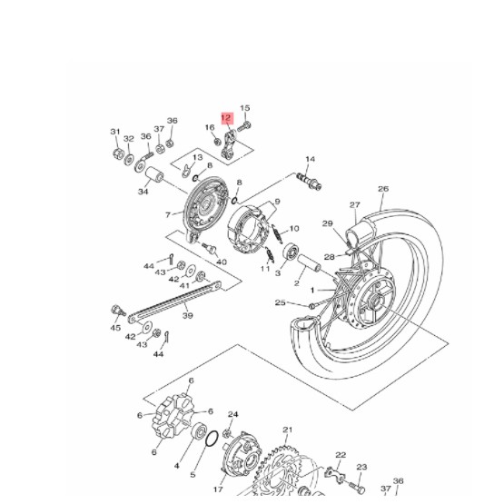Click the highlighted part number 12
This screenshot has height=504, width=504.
(226, 117)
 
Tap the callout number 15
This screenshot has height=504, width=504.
(244, 108)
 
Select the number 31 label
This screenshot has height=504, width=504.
(115, 132)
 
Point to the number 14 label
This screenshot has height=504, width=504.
(310, 160)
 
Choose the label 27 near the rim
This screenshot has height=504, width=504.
(355, 205)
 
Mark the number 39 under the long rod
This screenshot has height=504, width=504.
(188, 316)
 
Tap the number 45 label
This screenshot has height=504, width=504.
(115, 328)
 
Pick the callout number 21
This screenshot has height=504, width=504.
(288, 430)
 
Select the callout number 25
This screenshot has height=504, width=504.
(281, 302)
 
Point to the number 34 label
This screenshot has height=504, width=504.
(143, 192)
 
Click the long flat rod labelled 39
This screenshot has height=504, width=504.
(173, 299)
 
